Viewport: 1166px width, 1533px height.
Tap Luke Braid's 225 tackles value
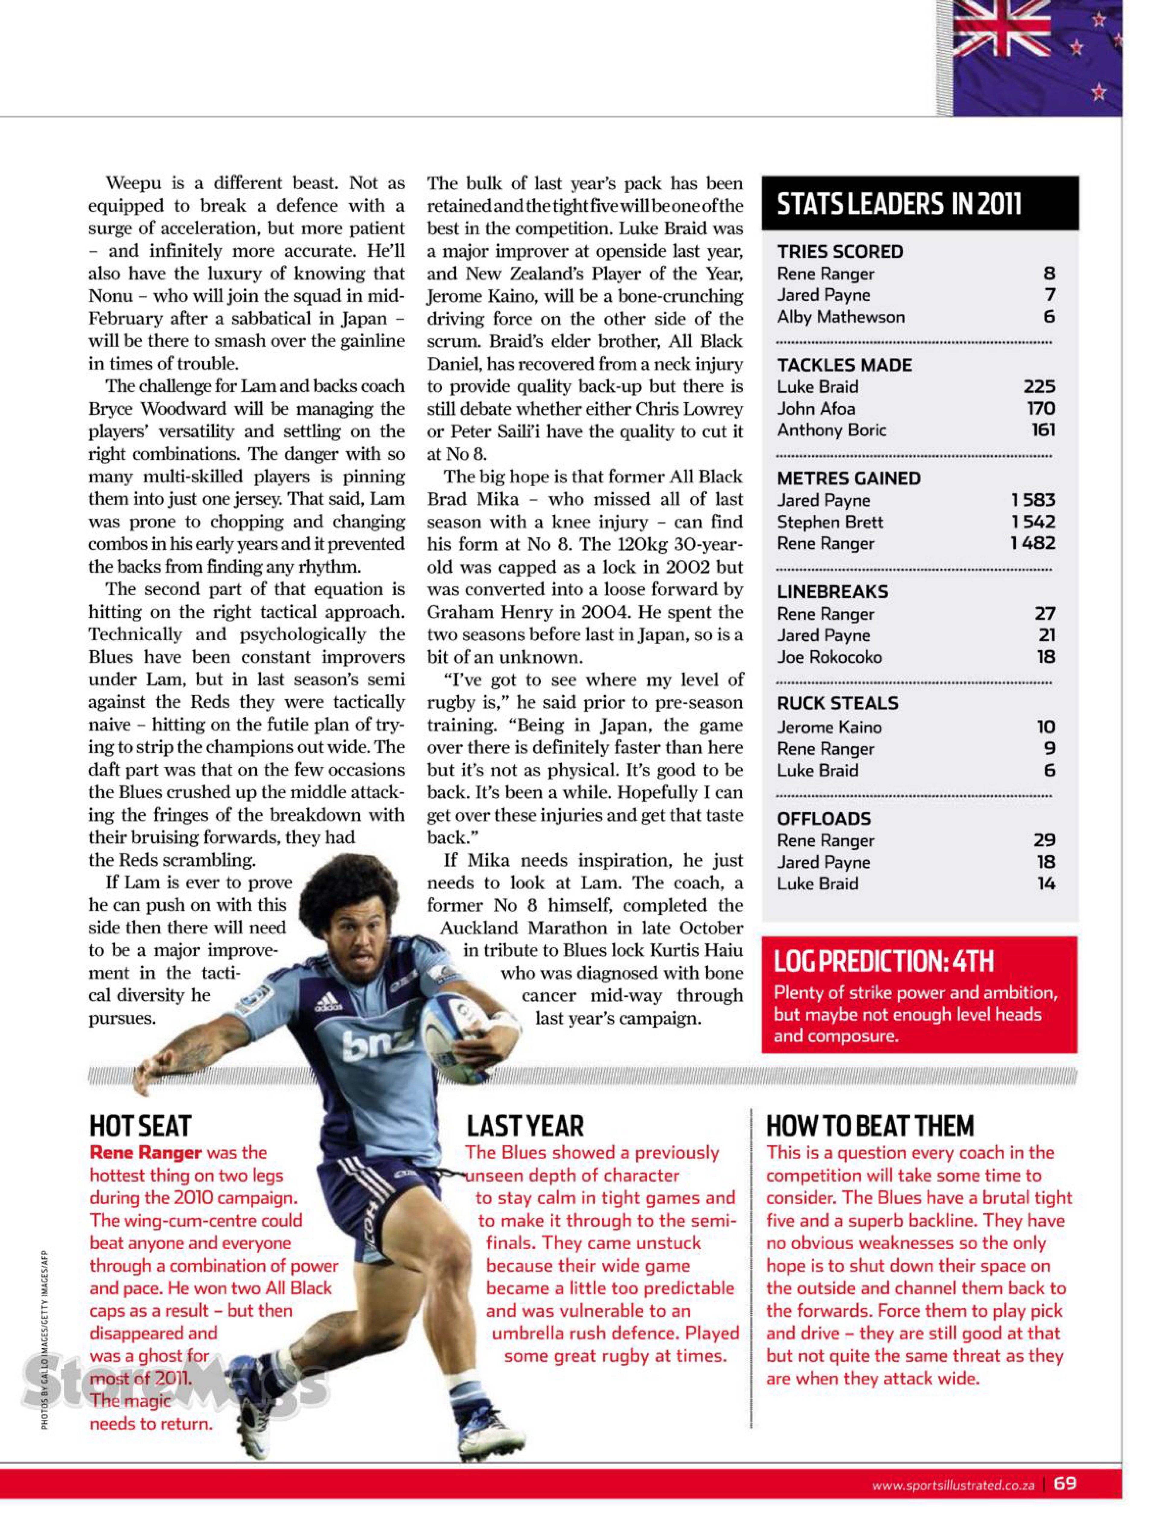pyautogui.click(x=1039, y=386)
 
